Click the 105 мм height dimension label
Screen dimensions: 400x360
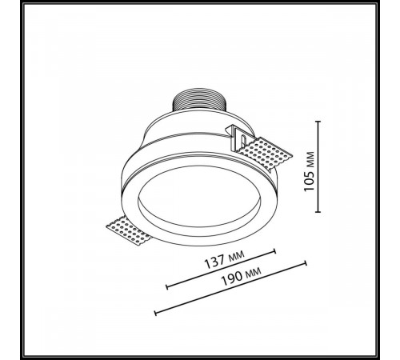[310, 171]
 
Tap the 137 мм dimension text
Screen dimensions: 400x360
[224, 259]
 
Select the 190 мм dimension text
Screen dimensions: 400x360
[242, 276]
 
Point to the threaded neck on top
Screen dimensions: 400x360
[199, 102]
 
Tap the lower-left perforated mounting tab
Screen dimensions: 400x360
[129, 230]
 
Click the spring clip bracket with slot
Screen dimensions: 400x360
[238, 138]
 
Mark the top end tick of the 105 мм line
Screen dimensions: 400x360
[318, 122]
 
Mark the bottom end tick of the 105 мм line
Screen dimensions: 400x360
[318, 212]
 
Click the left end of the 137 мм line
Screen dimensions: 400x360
[167, 287]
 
